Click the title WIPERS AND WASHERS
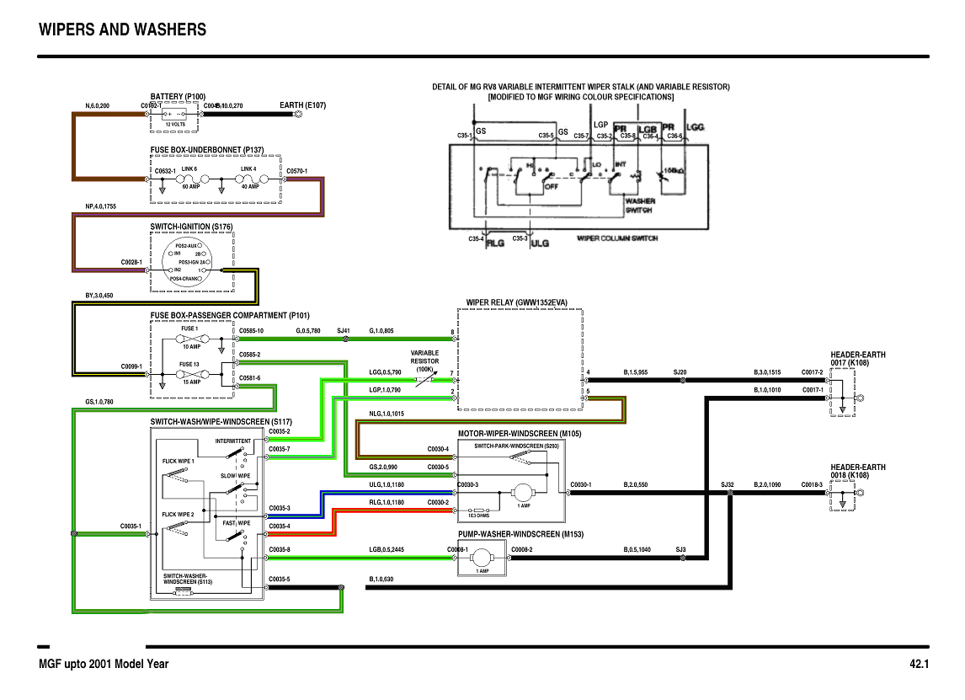(122, 30)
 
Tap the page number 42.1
(919, 664)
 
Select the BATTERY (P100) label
(178, 97)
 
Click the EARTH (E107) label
(302, 105)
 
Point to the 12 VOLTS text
(175, 125)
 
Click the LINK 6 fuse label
(189, 169)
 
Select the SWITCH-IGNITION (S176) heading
(191, 227)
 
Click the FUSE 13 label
(189, 365)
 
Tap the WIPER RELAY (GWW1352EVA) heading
(517, 302)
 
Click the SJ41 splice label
(343, 331)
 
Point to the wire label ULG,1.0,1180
(387, 484)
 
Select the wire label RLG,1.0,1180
(387, 502)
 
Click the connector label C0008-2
(522, 550)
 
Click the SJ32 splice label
(728, 484)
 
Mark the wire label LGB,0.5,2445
(388, 550)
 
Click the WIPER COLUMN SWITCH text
(617, 238)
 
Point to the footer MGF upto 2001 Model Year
(104, 664)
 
